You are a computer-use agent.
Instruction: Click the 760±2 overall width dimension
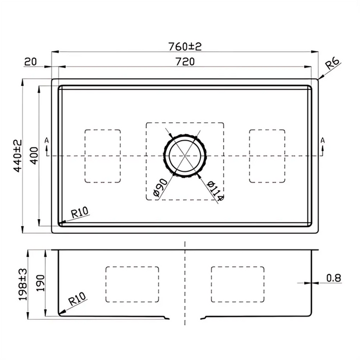[184, 46]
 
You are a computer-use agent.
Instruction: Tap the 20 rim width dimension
[30, 62]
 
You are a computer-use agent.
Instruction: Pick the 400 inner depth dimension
[33, 156]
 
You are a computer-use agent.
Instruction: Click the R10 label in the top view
[80, 212]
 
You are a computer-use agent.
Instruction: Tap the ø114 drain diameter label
[214, 190]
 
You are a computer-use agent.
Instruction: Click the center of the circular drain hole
[185, 155]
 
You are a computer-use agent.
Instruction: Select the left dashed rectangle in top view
[102, 156]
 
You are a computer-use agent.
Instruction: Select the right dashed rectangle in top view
[267, 156]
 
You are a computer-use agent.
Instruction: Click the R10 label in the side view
[76, 300]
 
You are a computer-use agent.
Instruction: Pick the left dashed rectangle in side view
[132, 284]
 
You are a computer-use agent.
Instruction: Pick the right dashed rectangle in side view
[237, 284]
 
